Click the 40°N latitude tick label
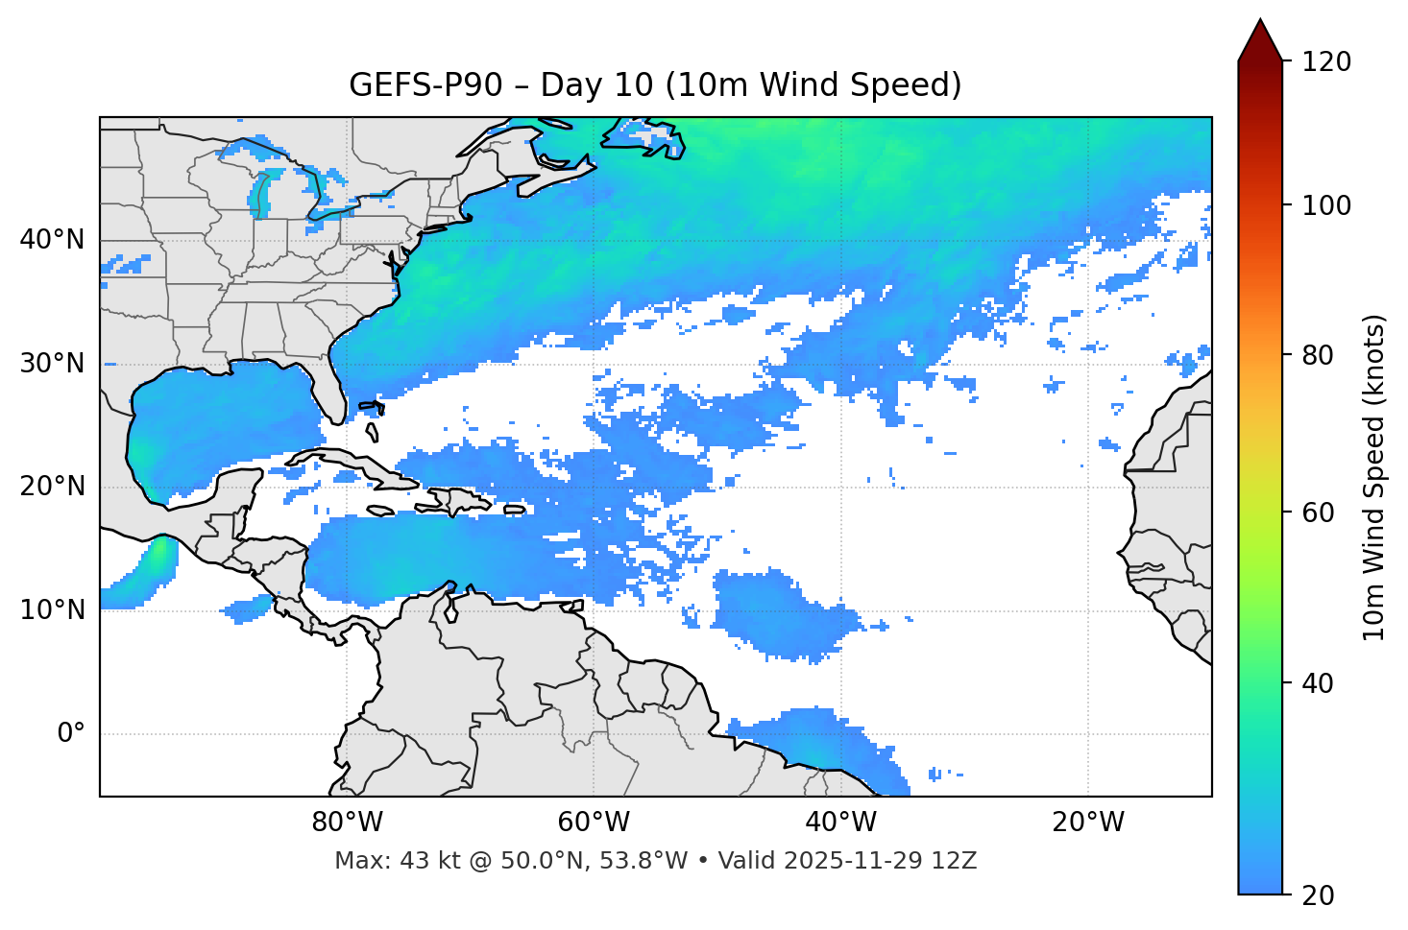(x=52, y=240)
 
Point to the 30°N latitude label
(x=52, y=364)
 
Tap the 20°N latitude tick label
(x=52, y=487)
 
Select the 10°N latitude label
(x=52, y=610)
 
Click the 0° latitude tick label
(x=71, y=734)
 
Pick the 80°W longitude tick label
(x=347, y=823)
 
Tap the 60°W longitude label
(x=594, y=823)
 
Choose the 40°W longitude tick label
(x=840, y=823)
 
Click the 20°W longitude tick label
(x=1087, y=823)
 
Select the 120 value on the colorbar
(x=1325, y=62)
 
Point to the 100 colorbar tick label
(x=1325, y=206)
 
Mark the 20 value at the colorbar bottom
(x=1317, y=895)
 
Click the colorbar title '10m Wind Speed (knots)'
(x=1374, y=478)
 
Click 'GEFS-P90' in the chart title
(x=425, y=85)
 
